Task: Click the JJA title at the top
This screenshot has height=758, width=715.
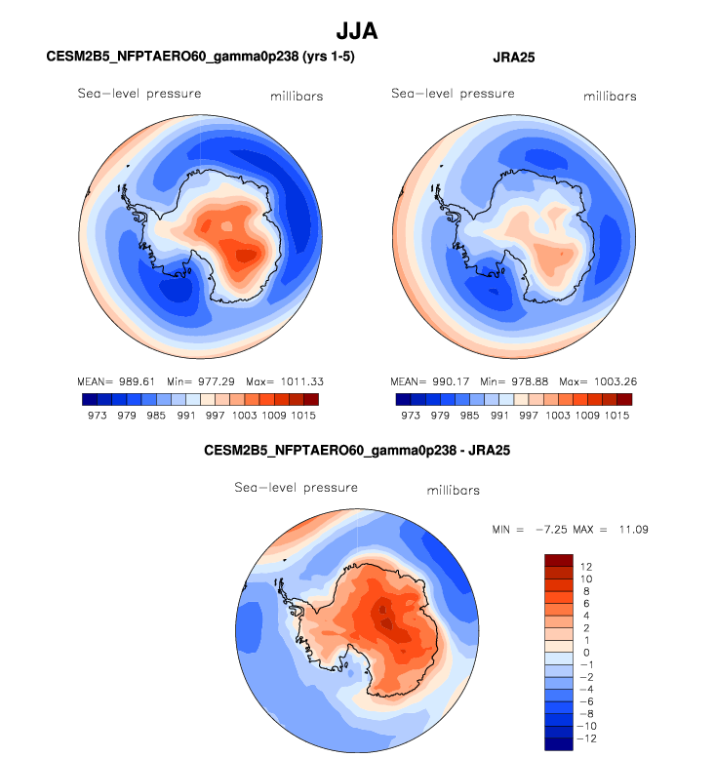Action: click(357, 31)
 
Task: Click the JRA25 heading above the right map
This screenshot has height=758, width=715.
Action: click(513, 59)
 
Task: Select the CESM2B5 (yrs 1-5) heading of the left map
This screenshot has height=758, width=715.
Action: click(200, 59)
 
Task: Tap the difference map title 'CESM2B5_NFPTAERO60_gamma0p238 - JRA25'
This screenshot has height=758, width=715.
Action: click(357, 452)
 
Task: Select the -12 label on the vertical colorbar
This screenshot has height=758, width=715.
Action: click(587, 738)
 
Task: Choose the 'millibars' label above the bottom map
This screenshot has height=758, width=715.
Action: click(453, 490)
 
